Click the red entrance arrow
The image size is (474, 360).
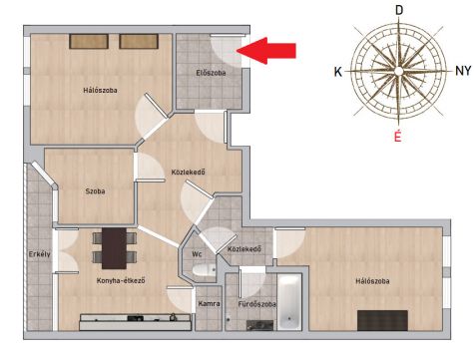click(x=266, y=51)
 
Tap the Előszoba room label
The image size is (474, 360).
click(x=211, y=73)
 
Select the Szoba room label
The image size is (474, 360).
click(x=95, y=191)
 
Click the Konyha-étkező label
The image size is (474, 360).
click(x=121, y=280)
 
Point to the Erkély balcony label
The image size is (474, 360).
click(x=40, y=254)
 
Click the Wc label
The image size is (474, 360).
click(x=197, y=254)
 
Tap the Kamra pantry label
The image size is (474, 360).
click(x=209, y=303)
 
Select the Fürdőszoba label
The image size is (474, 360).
click(x=256, y=304)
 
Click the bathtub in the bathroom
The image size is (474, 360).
click(x=289, y=302)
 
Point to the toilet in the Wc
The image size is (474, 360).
click(x=204, y=270)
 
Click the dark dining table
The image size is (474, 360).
click(x=114, y=248)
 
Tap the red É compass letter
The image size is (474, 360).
click(x=397, y=137)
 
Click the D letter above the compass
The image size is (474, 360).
click(x=399, y=10)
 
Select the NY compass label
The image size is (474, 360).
click(x=463, y=71)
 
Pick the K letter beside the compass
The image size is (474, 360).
click(x=338, y=72)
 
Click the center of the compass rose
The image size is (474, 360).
click(x=399, y=71)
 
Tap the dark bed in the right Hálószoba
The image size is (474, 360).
click(x=382, y=320)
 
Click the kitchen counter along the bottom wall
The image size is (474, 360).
click(x=135, y=322)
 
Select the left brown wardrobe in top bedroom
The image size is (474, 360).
click(x=89, y=41)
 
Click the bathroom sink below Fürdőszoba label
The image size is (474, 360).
click(x=260, y=325)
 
